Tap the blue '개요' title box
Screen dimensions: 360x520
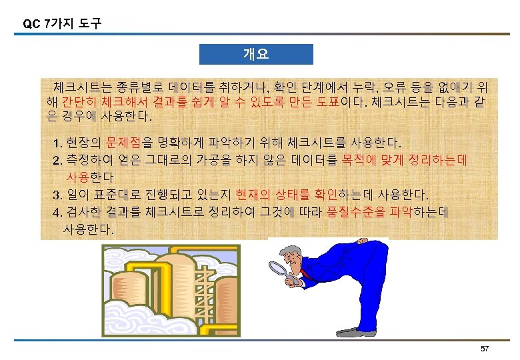(256, 54)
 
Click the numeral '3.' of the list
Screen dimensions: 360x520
(57, 195)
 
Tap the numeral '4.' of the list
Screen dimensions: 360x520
(57, 213)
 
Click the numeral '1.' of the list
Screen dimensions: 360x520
(57, 143)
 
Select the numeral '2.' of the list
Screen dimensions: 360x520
(57, 160)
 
